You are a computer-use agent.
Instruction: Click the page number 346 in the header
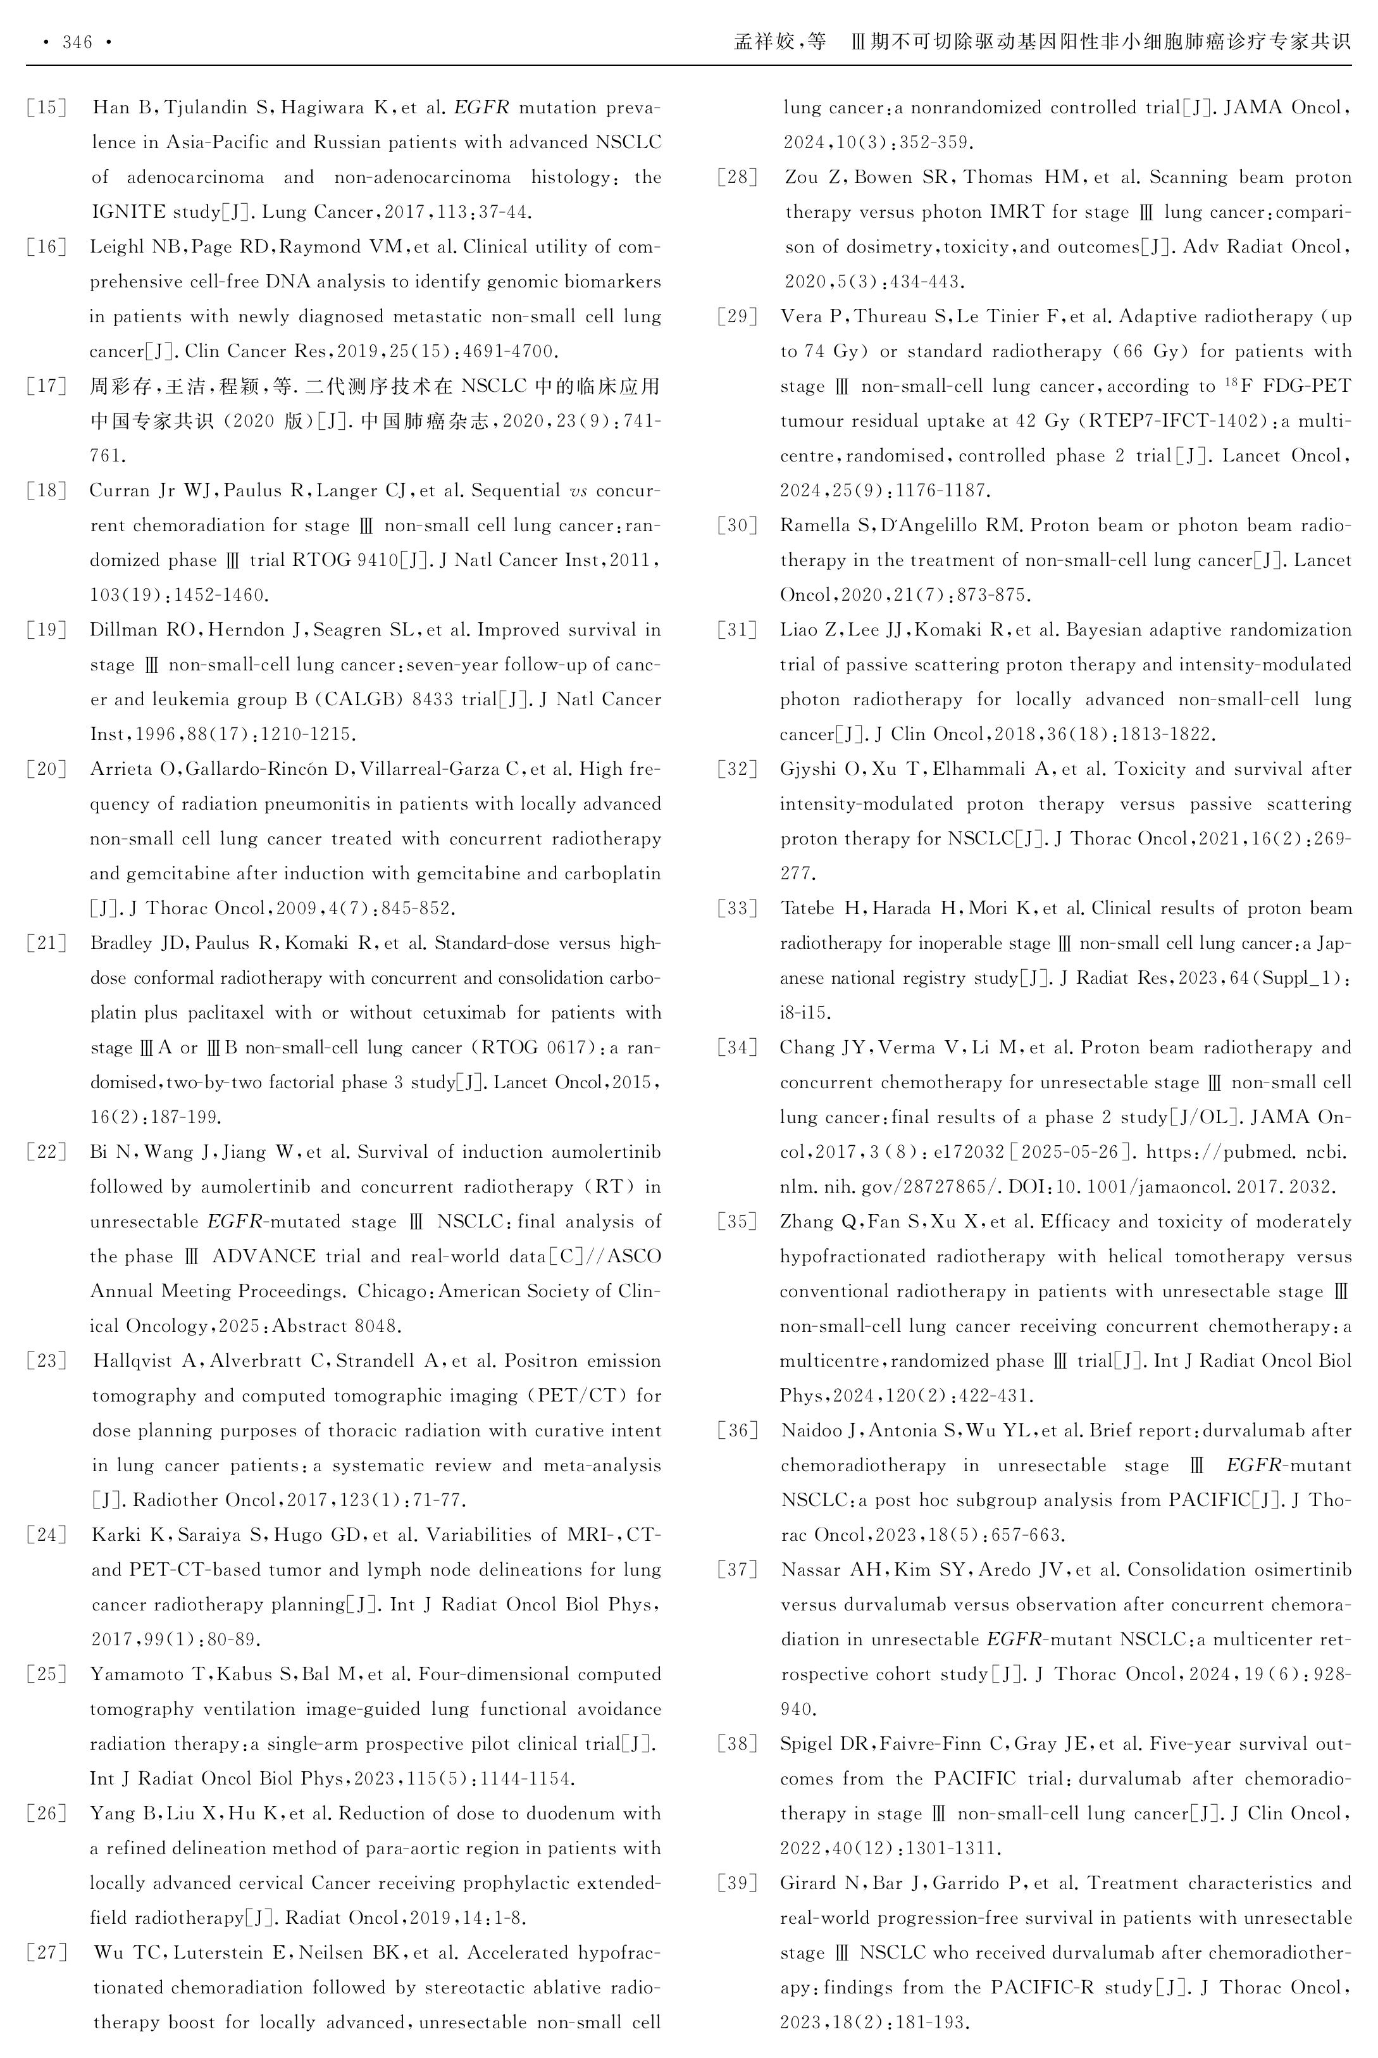coord(77,42)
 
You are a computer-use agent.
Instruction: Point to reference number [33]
coord(737,909)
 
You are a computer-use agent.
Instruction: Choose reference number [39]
coord(737,1883)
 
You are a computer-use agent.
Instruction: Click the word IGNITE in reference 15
coord(128,212)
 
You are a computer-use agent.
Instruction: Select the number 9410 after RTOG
coord(361,560)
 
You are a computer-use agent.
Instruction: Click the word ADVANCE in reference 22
coord(265,1256)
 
